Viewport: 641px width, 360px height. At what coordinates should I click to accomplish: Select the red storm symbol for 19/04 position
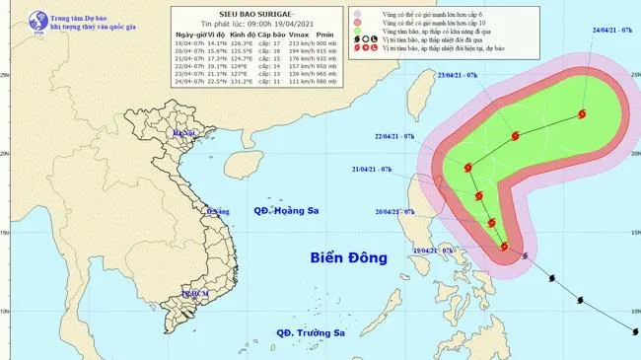coord(505,247)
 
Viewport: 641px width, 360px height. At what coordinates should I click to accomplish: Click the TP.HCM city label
coord(195,294)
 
